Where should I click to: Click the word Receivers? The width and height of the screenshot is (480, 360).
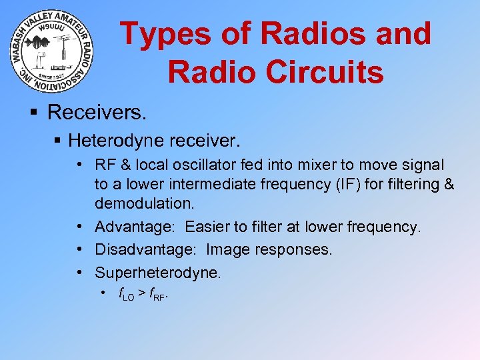(97, 112)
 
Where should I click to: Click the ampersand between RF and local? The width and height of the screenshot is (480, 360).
(125, 165)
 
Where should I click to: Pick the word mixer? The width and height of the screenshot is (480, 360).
(307, 165)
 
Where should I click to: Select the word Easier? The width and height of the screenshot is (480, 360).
(208, 227)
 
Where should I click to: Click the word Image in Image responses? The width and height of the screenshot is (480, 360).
(227, 250)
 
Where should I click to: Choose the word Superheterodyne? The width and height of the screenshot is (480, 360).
(157, 273)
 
